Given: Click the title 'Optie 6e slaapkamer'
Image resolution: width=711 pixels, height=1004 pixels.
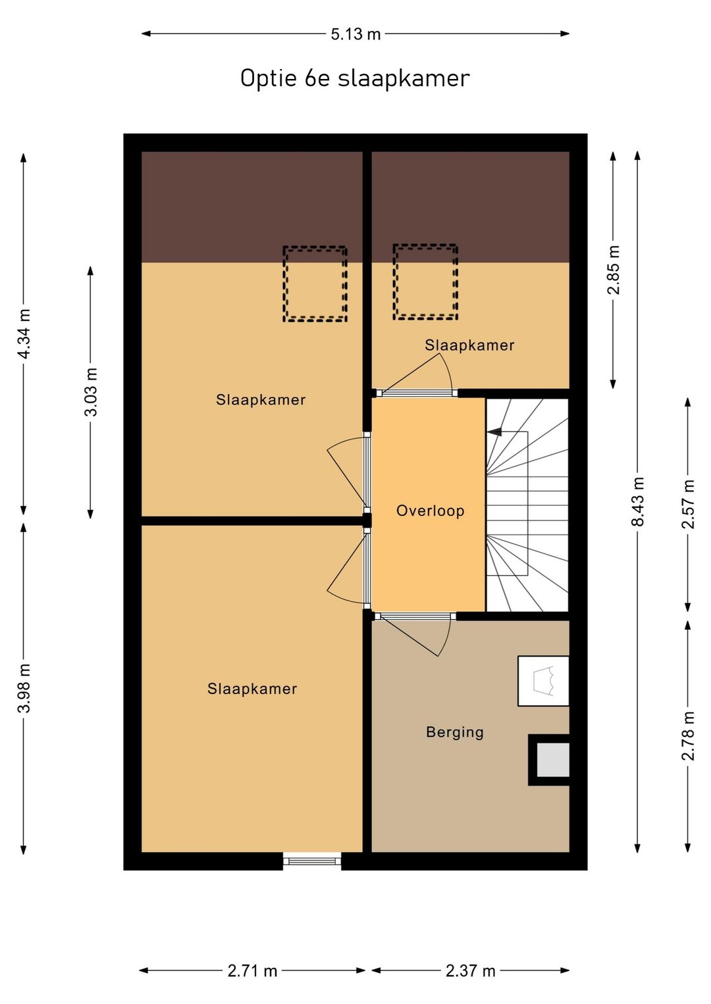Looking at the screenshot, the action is point(355,78).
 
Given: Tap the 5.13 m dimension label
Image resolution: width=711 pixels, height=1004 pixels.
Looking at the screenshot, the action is point(355,34).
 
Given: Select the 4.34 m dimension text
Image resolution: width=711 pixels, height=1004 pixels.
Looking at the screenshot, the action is point(24,334).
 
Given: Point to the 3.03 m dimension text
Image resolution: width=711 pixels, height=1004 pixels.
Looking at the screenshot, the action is point(91,392).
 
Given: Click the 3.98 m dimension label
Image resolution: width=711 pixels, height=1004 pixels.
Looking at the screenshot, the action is point(24,688).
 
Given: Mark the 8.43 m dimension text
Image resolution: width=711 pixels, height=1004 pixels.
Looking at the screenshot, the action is point(637,501).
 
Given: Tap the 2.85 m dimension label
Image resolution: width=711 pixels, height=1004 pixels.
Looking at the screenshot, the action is point(613,270).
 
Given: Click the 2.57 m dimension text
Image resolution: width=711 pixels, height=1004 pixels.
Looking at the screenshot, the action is point(688,504).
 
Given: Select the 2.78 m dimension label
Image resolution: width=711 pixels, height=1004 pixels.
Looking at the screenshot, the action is point(688,736).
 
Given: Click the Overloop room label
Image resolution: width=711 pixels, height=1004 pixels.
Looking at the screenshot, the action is point(430,511).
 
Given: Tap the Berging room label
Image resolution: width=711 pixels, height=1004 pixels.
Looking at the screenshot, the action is point(455,732).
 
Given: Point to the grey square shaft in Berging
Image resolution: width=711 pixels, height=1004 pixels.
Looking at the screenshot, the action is point(552,760).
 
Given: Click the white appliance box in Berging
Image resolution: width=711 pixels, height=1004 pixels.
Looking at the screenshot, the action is point(543,681).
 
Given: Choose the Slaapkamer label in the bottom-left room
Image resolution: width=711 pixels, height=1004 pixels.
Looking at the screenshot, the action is point(252,689).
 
